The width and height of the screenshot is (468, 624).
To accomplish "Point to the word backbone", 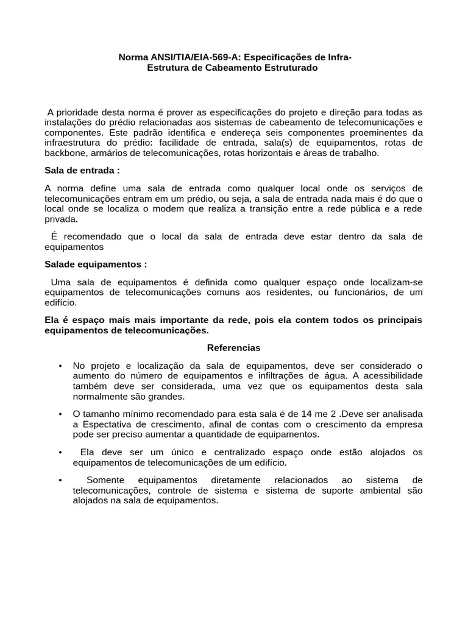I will pos(66,152).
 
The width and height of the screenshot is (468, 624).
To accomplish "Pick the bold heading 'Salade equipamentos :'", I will pos(96,264).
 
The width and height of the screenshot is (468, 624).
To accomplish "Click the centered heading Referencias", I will pos(233,347).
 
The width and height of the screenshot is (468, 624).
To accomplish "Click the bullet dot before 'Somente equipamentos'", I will pos(60,480).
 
